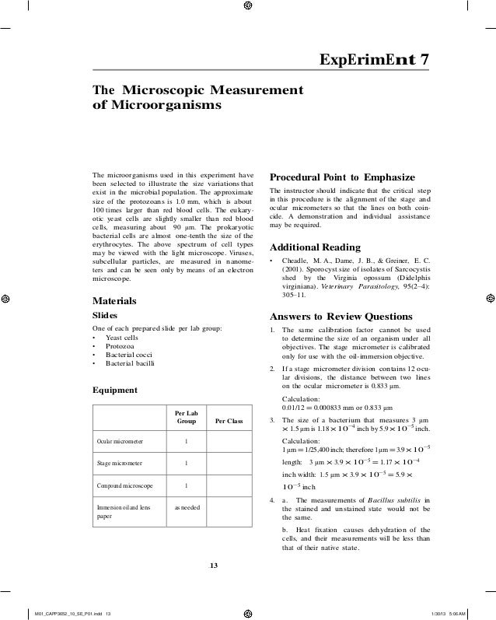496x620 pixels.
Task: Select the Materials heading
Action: [114, 300]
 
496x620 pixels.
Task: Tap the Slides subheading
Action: [105, 316]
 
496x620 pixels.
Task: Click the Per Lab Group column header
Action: [186, 416]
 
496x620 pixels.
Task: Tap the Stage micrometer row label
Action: [119, 464]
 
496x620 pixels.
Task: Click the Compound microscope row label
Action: [124, 487]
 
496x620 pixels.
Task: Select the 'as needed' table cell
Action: [186, 507]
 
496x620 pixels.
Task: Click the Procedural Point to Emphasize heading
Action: [341, 175]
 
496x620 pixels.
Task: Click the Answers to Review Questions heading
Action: [341, 317]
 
